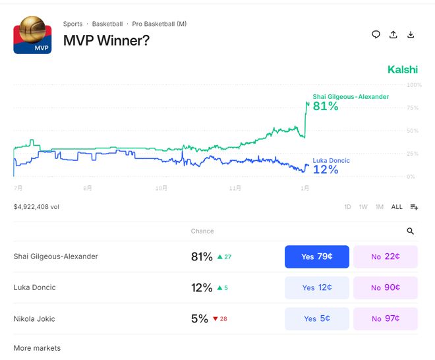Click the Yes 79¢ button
click(316, 256)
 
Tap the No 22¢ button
click(386, 256)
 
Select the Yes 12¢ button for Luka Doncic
click(316, 287)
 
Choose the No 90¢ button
click(386, 287)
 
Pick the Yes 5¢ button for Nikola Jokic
click(316, 318)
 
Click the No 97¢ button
click(386, 318)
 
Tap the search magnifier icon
click(411, 231)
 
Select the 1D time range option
click(347, 207)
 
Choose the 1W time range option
click(363, 207)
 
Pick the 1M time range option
click(380, 207)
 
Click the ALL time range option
click(397, 207)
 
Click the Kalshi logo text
click(402, 69)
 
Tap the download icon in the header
click(411, 35)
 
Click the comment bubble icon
click(376, 35)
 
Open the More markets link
click(37, 348)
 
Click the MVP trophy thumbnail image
click(32, 35)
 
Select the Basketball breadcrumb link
click(107, 24)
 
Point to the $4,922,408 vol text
click(36, 207)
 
